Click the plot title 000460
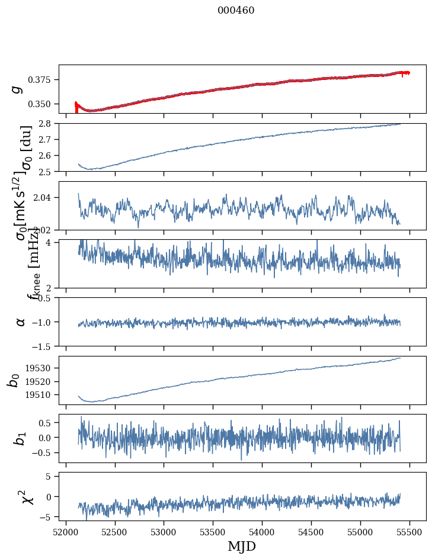click(x=236, y=11)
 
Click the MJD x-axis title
click(x=242, y=546)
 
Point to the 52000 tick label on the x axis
click(x=66, y=531)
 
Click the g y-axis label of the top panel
click(x=17, y=89)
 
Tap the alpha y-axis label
click(x=21, y=322)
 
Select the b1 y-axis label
click(x=21, y=438)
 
